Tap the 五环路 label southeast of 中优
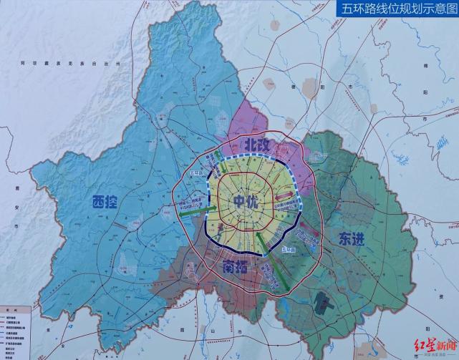289,249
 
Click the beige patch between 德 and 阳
310,89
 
